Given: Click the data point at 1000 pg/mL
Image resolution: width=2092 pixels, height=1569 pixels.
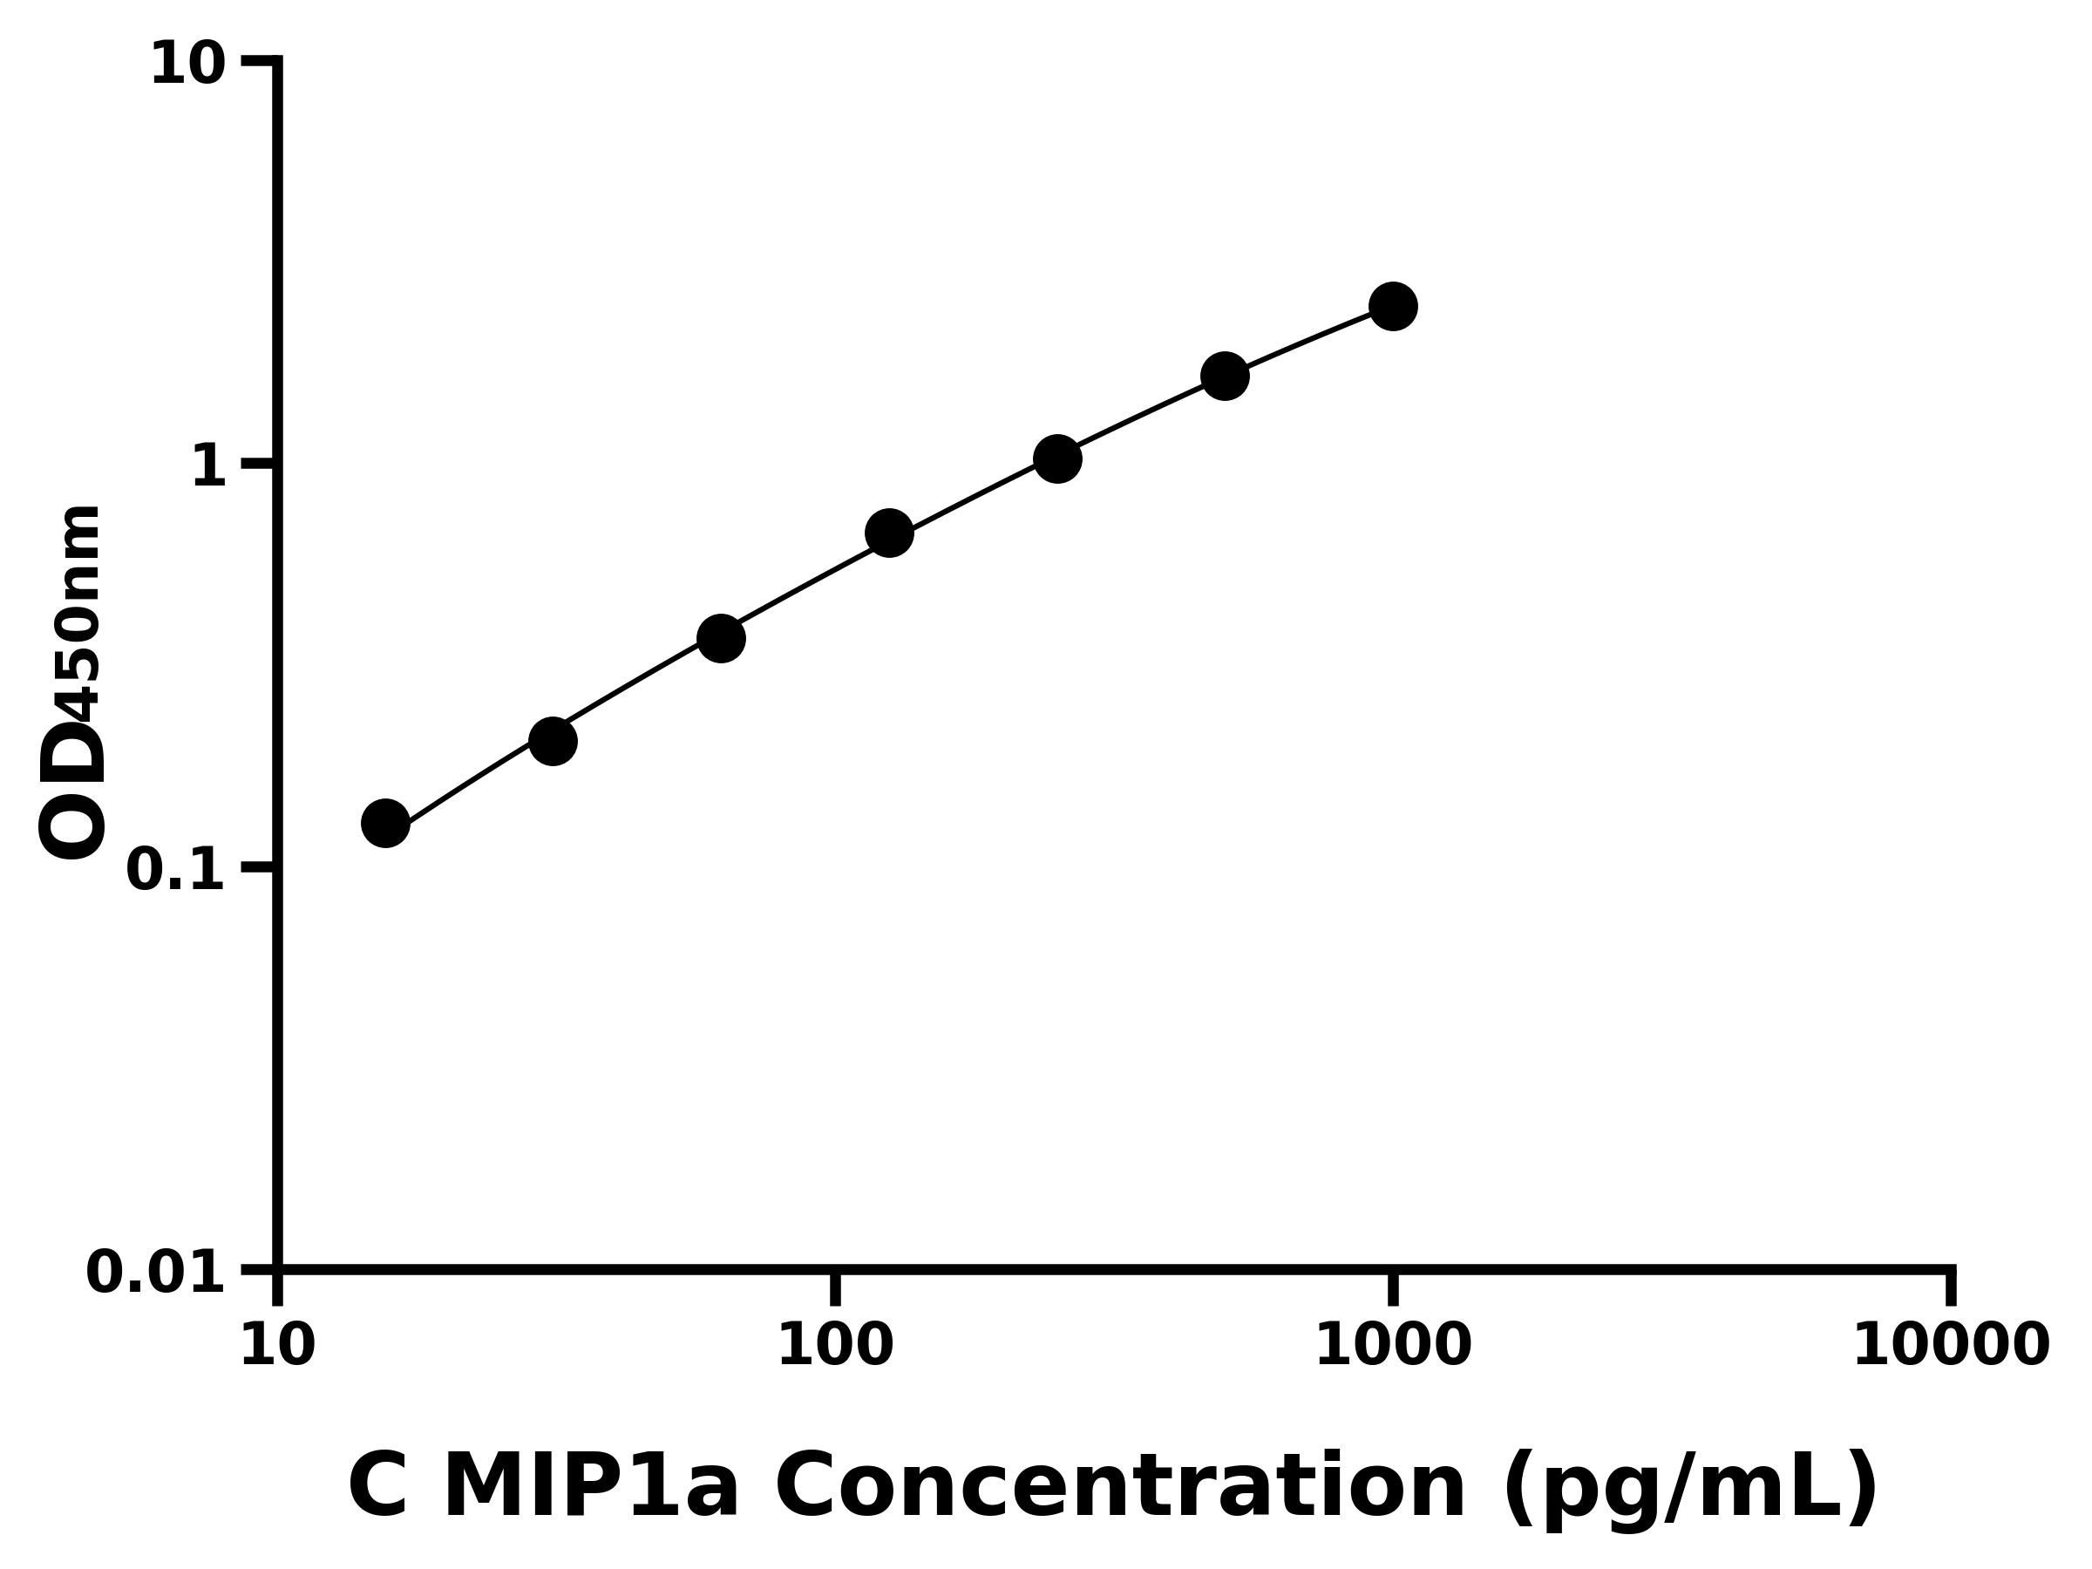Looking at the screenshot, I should pos(1393,307).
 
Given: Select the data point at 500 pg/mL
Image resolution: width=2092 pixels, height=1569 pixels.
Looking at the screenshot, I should pos(1225,377).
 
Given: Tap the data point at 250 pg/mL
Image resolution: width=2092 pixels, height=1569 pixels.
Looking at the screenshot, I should pos(1057,458).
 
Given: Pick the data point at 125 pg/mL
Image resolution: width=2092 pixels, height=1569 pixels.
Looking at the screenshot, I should pos(889,533).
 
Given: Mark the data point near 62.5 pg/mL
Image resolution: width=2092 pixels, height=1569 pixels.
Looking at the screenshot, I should pos(721,638).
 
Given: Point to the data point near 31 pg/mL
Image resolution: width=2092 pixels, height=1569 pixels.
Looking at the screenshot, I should pos(553,741).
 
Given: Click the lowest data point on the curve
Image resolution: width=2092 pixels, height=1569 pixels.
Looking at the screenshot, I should pos(385,823).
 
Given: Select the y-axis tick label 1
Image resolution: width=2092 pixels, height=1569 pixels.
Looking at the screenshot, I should pos(209,467).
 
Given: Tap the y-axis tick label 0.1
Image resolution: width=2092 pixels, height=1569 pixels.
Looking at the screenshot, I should pos(176,870).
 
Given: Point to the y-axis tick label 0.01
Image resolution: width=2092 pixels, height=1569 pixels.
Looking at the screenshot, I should pos(156,1273).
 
